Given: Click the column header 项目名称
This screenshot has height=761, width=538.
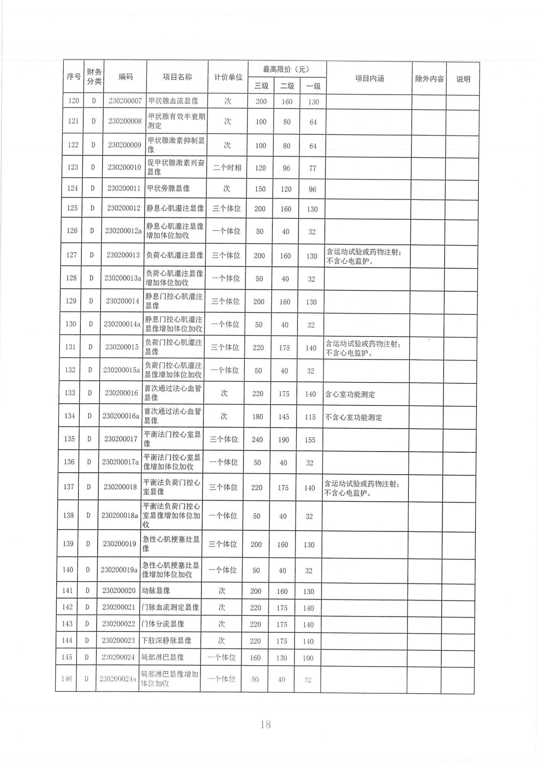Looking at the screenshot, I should [177, 77].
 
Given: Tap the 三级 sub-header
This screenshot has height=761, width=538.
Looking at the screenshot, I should [261, 86].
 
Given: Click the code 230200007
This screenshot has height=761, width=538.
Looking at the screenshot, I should [125, 101].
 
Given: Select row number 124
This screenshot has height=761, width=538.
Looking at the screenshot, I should [73, 188].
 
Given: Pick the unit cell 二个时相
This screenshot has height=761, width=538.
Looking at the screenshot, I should [227, 168].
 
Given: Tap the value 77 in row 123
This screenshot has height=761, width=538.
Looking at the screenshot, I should [312, 168].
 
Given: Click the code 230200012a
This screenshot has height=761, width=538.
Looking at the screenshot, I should [123, 231].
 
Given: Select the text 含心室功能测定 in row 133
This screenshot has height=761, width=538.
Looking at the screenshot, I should [350, 395].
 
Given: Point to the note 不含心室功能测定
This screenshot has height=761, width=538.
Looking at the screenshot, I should [353, 417].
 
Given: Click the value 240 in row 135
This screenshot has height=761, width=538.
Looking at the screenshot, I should [257, 440].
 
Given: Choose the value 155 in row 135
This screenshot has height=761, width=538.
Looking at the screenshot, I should [310, 440].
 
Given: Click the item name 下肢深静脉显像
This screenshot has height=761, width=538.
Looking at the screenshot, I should [166, 640].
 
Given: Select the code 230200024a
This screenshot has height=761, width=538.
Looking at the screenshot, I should [118, 679].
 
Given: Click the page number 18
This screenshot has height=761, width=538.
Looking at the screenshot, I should [266, 725].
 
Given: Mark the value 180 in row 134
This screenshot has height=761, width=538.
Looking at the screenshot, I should [258, 417].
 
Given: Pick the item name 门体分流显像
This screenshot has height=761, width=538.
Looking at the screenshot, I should [163, 624].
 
